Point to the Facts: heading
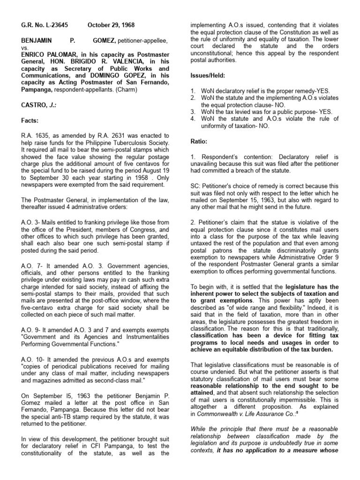tap(29, 120)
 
